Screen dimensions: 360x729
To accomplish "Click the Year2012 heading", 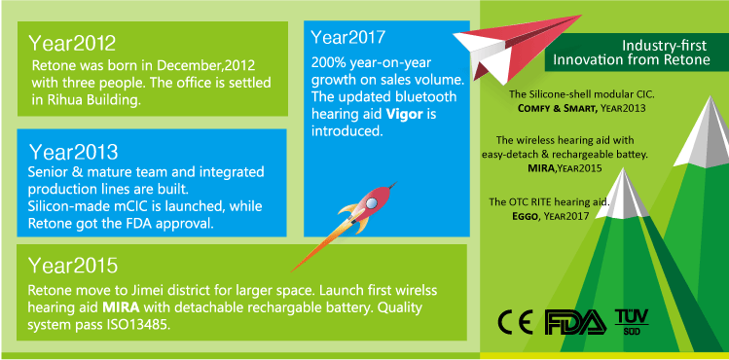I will pos(73,44).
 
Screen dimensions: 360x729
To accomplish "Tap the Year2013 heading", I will pos(74,153).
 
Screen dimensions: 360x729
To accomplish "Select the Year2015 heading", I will pos(74,266).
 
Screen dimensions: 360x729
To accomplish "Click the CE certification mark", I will pos(516,321).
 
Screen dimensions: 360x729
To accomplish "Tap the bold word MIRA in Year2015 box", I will pos(124,306).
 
